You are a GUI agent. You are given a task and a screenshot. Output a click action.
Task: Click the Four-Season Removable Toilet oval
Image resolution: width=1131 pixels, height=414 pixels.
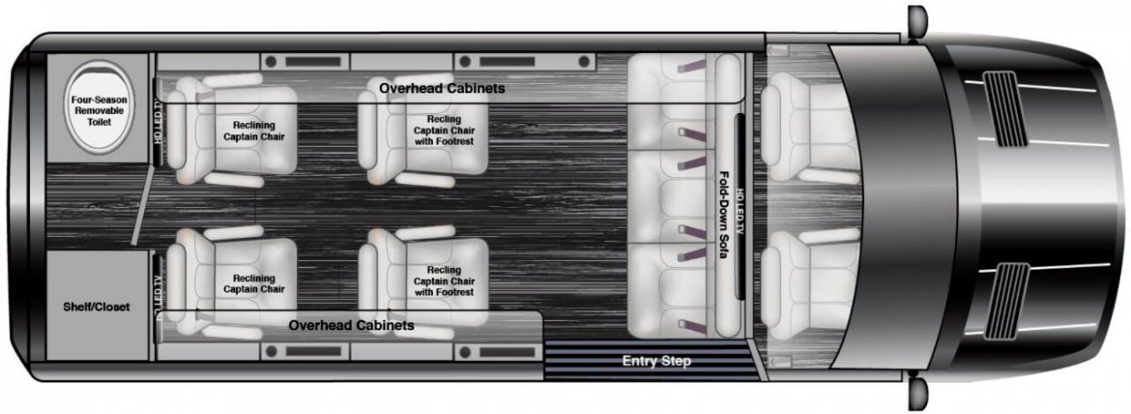[97, 106]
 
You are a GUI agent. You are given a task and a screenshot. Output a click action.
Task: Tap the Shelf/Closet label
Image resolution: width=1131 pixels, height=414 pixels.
[97, 308]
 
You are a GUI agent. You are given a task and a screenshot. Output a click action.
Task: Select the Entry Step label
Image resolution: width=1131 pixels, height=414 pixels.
[657, 361]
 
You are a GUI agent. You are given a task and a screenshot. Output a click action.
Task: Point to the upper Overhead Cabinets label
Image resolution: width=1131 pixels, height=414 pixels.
[442, 88]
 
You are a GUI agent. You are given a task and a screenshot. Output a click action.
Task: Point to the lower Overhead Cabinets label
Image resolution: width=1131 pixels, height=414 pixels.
[351, 325]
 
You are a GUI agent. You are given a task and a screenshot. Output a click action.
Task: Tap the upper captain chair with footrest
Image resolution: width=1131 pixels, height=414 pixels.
[423, 130]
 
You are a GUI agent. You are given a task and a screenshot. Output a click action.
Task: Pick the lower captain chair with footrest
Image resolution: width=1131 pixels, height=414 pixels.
[423, 282]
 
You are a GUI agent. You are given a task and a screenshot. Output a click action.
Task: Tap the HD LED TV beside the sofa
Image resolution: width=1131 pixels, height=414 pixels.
[739, 206]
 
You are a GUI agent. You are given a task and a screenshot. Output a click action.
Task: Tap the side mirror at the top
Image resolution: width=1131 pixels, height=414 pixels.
[916, 20]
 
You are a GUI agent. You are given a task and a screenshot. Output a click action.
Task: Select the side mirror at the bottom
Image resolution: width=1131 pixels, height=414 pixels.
[916, 394]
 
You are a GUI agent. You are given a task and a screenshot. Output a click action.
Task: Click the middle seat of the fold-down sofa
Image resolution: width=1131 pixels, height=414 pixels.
[671, 196]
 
